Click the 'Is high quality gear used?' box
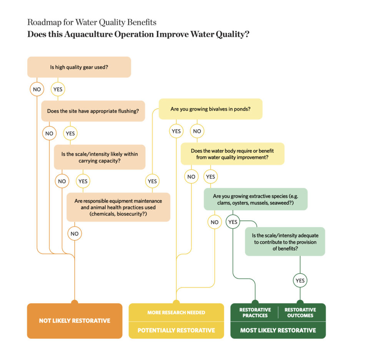coord(79,67)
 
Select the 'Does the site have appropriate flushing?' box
coord(93,111)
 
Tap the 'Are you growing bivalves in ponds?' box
coord(211,109)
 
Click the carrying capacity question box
coord(100,157)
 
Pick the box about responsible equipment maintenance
coord(118,207)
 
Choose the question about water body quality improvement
coord(233,154)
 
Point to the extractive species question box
coord(256,199)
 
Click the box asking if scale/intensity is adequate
coord(285,242)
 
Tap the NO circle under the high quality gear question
coord(37,90)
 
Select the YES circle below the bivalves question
coord(176,131)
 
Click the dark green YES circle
coord(233,222)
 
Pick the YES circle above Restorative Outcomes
coord(300,280)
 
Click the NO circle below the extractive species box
coord(214,222)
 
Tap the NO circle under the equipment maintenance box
coord(75,233)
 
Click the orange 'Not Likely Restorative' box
coord(75,321)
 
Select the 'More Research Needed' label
coord(176,312)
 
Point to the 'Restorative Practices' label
coord(255,312)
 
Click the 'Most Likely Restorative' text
coord(278,330)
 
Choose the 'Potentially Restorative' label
coord(176,330)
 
